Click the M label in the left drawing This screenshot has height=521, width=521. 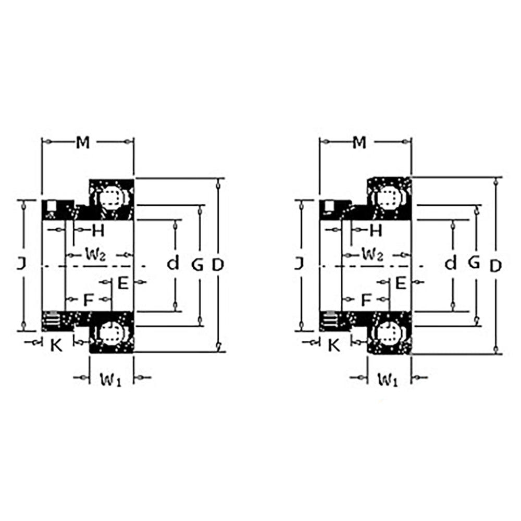tap(82, 142)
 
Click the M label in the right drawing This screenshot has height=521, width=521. tap(359, 142)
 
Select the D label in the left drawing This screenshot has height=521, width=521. tap(218, 265)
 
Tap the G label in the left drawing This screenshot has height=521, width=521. tap(197, 265)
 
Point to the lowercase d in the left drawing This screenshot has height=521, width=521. tap(173, 264)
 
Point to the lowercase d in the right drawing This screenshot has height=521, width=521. tap(451, 264)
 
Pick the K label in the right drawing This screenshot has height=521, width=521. tap(334, 344)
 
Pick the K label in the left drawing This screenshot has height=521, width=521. tap(56, 344)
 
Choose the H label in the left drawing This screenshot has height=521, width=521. tap(98, 229)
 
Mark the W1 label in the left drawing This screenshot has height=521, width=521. tap(110, 380)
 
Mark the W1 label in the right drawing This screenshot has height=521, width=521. tap(388, 380)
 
